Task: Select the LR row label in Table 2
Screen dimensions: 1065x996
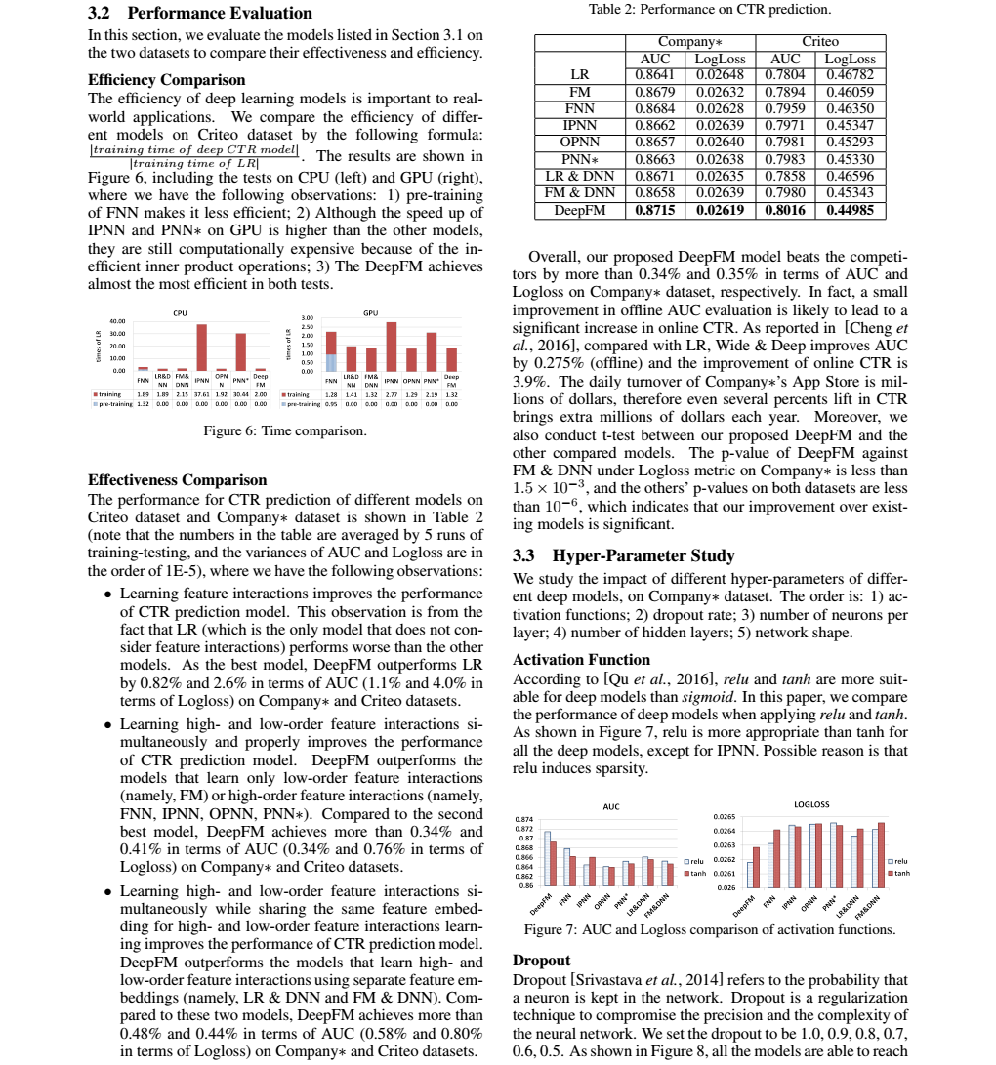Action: coord(579,73)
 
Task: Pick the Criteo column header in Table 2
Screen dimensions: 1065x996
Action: coord(819,42)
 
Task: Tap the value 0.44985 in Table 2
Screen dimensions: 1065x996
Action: coord(850,211)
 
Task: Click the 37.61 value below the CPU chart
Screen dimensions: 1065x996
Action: coord(202,394)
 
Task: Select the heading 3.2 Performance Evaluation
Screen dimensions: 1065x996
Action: coord(200,13)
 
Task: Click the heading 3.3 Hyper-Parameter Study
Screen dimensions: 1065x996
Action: coord(623,556)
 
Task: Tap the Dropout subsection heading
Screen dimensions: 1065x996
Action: coord(541,961)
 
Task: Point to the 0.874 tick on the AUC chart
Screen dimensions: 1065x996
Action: coord(524,819)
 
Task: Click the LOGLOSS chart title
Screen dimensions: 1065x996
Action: coord(811,804)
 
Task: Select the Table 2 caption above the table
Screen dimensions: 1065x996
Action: coord(710,10)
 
